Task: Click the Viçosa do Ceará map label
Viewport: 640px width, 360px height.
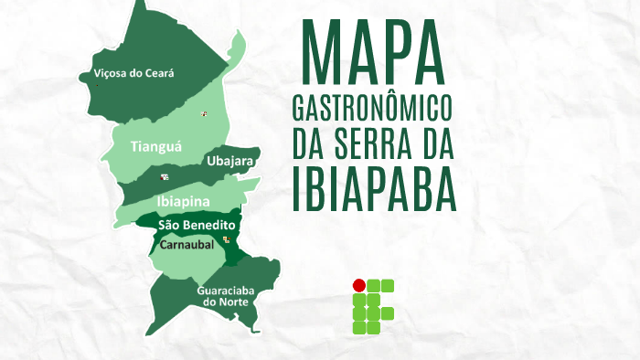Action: tap(133, 72)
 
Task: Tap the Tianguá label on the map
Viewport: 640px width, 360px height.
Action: tap(156, 145)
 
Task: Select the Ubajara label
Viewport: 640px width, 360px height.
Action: tap(229, 161)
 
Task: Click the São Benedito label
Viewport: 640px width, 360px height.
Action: tap(197, 225)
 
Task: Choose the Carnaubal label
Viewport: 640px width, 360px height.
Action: tap(187, 245)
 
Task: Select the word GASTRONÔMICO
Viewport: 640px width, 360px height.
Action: tap(372, 108)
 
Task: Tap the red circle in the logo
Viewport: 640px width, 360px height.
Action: tap(359, 284)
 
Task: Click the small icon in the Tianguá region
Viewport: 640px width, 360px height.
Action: tap(205, 114)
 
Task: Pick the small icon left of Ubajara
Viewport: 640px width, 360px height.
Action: tap(165, 176)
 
